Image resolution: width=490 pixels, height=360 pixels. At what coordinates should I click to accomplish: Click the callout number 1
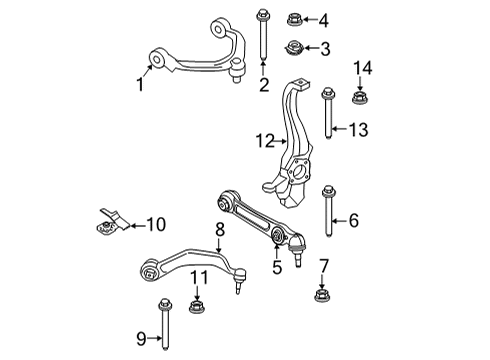pyautogui.click(x=140, y=85)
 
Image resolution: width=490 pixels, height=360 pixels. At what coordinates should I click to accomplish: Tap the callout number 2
pyautogui.click(x=264, y=85)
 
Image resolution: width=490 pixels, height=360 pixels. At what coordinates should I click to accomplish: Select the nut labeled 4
pyautogui.click(x=296, y=19)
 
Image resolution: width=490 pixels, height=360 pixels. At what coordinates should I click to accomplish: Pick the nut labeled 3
pyautogui.click(x=296, y=47)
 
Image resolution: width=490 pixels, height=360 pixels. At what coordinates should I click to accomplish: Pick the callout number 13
pyautogui.click(x=359, y=128)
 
